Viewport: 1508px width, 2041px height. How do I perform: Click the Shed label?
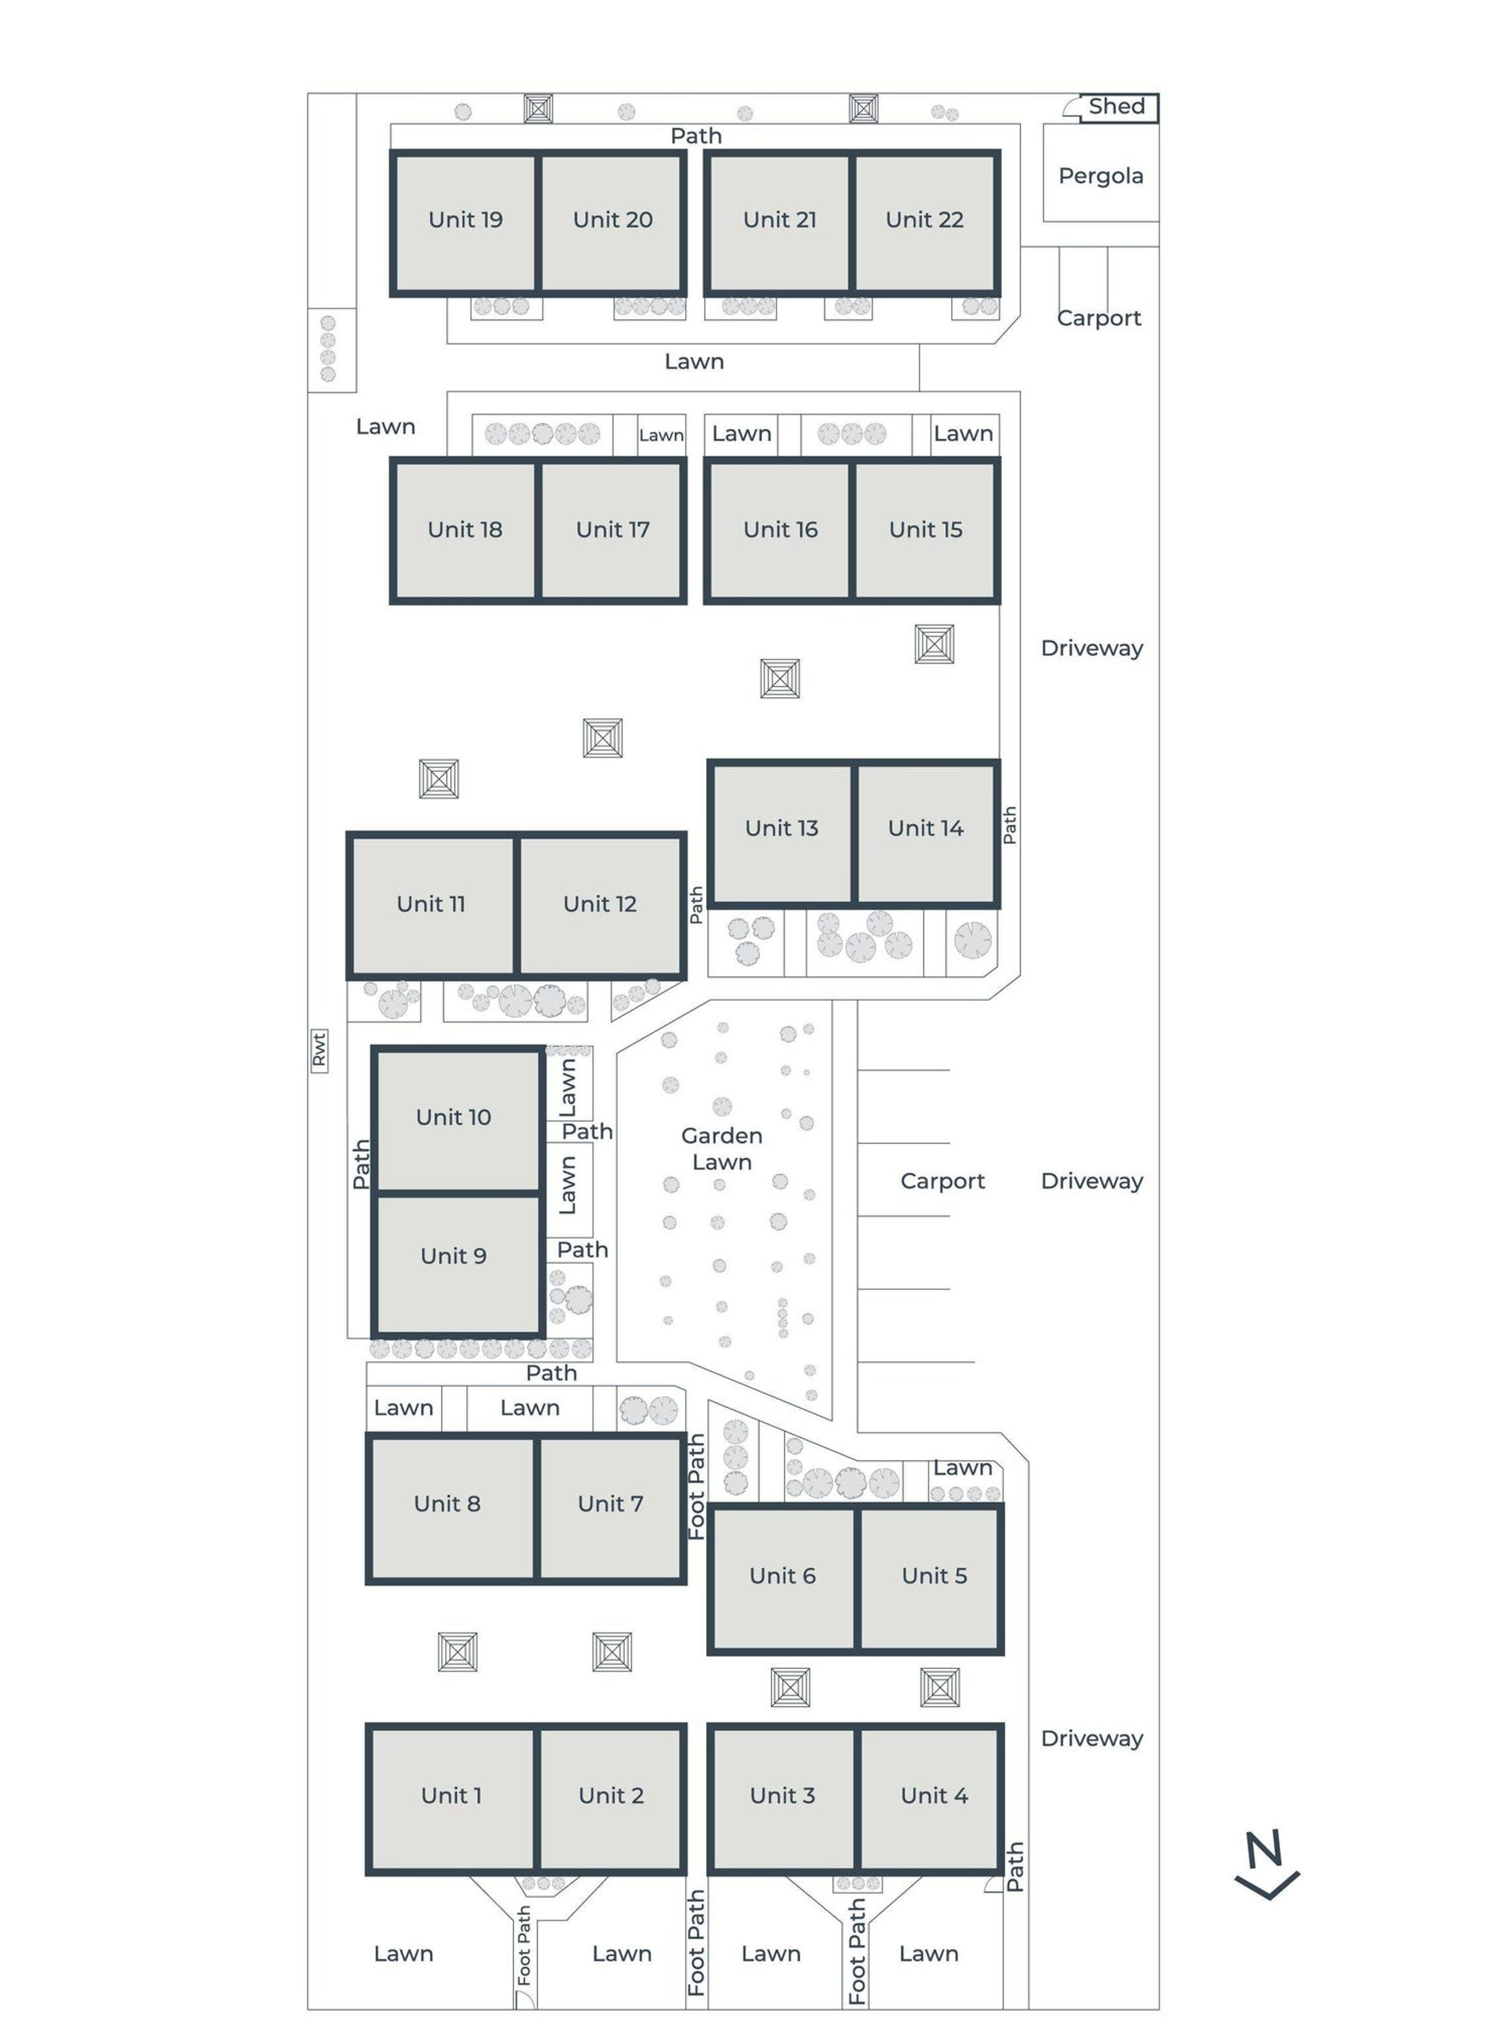[1117, 107]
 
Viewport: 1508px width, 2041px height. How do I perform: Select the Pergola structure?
[1101, 173]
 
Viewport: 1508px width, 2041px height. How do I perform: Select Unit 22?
[925, 223]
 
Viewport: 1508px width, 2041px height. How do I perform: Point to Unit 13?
[781, 833]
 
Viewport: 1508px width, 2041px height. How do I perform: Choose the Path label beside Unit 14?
[1009, 825]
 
